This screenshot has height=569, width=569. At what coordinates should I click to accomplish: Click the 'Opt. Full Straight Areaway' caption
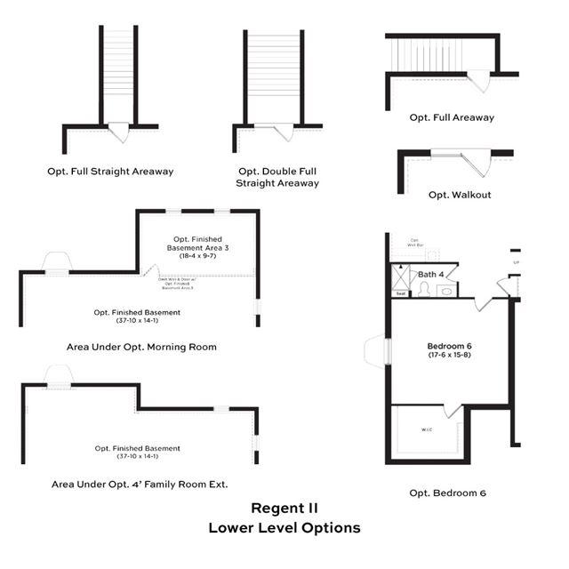coord(110,171)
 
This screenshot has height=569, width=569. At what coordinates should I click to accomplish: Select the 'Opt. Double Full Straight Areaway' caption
coord(276,177)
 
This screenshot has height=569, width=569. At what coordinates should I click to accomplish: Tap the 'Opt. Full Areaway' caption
coord(452,117)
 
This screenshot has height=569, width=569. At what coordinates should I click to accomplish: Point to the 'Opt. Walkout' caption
coord(459,195)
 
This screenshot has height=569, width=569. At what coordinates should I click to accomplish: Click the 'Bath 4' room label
coord(431,274)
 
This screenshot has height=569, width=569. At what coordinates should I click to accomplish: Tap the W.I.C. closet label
coord(426,430)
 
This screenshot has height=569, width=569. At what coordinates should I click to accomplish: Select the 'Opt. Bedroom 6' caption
coord(447,493)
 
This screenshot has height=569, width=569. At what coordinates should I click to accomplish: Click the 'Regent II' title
coord(284,509)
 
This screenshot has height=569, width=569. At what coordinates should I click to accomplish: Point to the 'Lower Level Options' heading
coord(284,527)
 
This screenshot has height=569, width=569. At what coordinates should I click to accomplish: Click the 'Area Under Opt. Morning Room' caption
coord(141,347)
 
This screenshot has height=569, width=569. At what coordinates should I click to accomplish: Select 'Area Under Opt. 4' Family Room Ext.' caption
coord(140,485)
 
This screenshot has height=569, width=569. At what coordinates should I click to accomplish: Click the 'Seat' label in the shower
coord(401,293)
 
